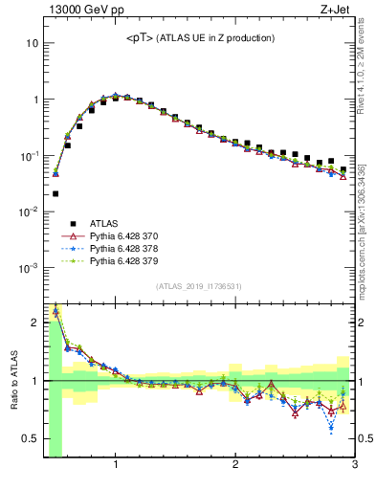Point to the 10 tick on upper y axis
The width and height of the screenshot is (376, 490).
(x=32, y=43)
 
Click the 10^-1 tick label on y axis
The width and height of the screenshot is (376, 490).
(x=29, y=155)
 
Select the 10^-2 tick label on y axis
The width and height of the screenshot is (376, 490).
(x=29, y=212)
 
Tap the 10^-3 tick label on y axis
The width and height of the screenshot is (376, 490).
(x=29, y=268)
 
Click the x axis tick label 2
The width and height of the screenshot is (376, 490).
(x=235, y=466)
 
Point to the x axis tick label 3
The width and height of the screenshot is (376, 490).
(x=354, y=466)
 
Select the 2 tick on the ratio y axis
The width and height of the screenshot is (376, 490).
(x=33, y=323)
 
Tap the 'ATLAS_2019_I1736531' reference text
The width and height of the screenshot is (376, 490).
(x=199, y=286)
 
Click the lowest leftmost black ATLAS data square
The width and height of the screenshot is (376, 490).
(x=55, y=193)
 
